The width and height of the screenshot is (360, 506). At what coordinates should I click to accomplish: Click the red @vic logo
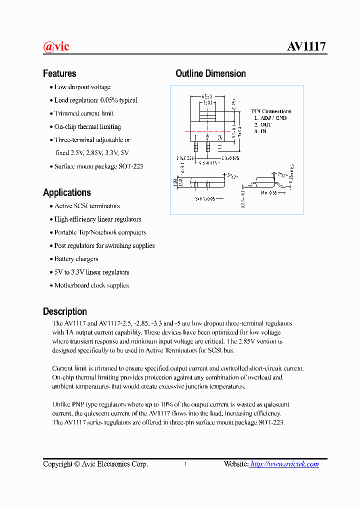tap(56, 47)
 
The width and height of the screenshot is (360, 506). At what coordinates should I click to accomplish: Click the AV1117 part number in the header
tap(306, 46)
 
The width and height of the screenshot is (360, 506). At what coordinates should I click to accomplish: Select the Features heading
tap(59, 73)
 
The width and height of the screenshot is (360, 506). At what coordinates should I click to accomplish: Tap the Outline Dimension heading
tap(210, 73)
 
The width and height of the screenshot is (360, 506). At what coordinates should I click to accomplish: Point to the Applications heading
tap(67, 192)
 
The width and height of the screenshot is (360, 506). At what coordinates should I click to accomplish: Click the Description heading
tap(65, 311)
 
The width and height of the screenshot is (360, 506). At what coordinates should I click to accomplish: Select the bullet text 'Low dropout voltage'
tap(82, 87)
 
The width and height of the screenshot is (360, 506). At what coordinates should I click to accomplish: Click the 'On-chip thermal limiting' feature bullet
tap(87, 127)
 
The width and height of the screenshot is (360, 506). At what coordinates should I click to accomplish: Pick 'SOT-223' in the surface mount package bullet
tap(131, 166)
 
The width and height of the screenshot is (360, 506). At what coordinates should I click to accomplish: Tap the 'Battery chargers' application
tap(76, 259)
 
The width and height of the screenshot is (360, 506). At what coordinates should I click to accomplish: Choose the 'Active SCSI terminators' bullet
tap(87, 206)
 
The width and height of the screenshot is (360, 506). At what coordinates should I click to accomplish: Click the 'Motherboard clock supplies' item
tap(91, 285)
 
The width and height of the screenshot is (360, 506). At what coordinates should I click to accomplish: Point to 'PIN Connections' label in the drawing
tap(271, 111)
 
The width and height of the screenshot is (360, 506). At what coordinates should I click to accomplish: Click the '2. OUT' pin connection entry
tap(263, 124)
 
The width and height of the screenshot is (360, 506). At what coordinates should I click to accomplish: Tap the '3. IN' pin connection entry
tap(260, 131)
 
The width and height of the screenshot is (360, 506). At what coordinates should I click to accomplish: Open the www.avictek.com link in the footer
tap(284, 464)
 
